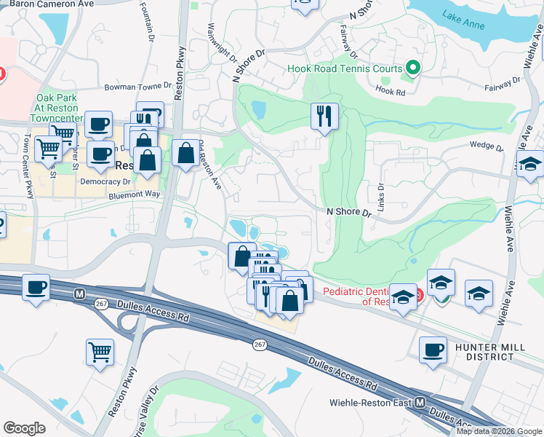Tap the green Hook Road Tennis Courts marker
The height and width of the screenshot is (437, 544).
[413, 69]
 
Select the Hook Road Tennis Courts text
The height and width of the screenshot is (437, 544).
[345, 69]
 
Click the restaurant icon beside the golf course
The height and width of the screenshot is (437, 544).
[324, 115]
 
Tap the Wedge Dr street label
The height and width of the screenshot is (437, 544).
[487, 146]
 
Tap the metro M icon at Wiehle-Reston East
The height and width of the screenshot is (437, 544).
[420, 402]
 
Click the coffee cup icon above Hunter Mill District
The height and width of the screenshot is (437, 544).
[433, 349]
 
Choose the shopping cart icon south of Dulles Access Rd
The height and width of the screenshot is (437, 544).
[100, 352]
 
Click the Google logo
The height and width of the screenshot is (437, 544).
[25, 428]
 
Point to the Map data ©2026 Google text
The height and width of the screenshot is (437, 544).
[498, 431]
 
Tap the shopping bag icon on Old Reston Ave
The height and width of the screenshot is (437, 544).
[186, 153]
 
